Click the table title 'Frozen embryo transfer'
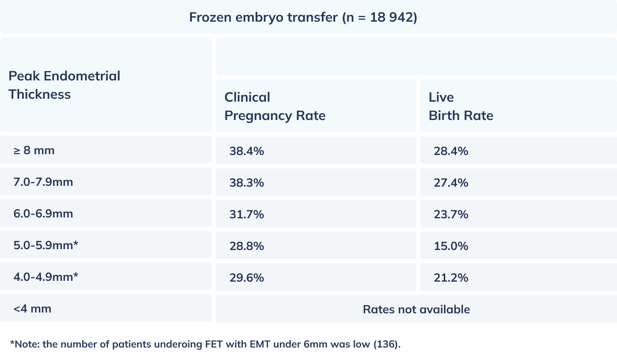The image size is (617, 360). click(303, 17)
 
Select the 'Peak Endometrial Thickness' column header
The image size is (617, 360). click(64, 85)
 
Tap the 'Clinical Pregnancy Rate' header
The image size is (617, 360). click(275, 106)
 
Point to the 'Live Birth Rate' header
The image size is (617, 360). click(461, 106)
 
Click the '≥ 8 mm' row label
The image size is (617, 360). click(34, 150)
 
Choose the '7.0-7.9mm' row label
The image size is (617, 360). click(43, 182)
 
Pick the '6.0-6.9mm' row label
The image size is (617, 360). click(43, 214)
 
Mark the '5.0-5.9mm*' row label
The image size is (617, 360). click(45, 245)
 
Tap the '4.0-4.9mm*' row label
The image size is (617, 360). click(45, 277)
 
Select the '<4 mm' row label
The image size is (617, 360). click(32, 309)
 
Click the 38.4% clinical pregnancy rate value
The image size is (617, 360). click(246, 151)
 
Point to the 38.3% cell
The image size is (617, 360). click(246, 182)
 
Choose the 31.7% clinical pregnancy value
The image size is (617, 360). click(246, 214)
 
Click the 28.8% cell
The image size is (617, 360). click(246, 246)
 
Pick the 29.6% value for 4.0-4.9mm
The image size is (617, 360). click(246, 277)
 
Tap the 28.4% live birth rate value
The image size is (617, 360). click(451, 151)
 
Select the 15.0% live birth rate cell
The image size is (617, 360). click(451, 246)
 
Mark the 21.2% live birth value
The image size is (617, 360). click(451, 277)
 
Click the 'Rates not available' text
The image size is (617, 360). click(416, 309)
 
